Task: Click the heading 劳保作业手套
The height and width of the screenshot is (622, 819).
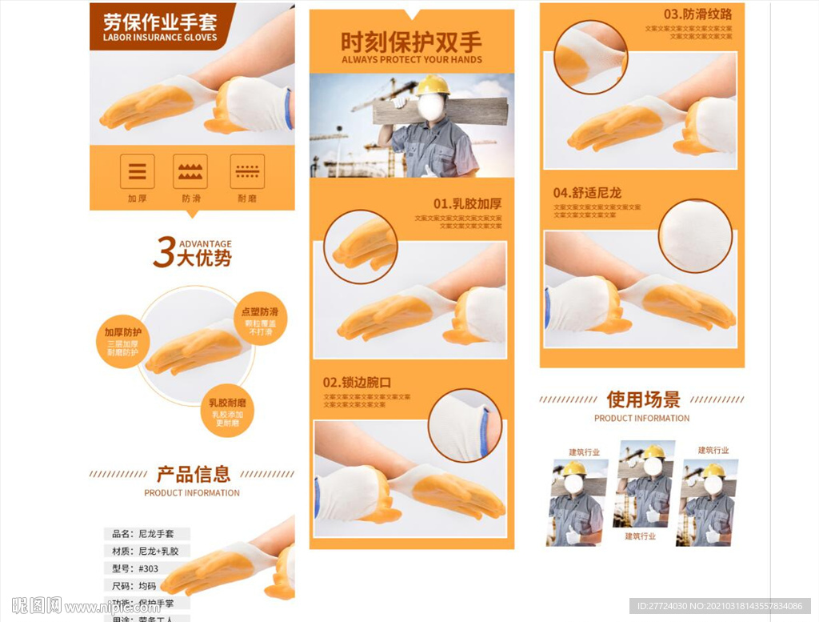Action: pyautogui.click(x=160, y=21)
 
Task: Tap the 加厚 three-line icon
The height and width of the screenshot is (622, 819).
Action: pyautogui.click(x=138, y=171)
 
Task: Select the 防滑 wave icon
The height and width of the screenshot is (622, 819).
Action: pyautogui.click(x=190, y=171)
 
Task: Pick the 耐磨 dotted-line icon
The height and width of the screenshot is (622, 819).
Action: pyautogui.click(x=247, y=171)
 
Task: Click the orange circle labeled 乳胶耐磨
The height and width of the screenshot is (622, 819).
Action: pyautogui.click(x=227, y=410)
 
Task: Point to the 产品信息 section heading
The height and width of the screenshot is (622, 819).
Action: pyautogui.click(x=193, y=474)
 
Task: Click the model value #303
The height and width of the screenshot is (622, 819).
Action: pyautogui.click(x=149, y=569)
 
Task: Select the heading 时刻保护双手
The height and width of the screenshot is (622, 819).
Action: pyautogui.click(x=411, y=42)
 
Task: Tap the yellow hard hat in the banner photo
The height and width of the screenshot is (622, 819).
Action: pyautogui.click(x=432, y=85)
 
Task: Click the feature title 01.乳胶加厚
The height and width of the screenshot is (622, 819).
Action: pyautogui.click(x=467, y=203)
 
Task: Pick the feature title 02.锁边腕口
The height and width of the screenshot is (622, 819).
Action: pyautogui.click(x=357, y=382)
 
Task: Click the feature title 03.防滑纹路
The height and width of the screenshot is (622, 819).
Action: pyautogui.click(x=697, y=14)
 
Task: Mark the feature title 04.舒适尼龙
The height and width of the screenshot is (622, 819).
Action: pyautogui.click(x=587, y=193)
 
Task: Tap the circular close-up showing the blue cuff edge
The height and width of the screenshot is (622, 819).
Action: pyautogui.click(x=465, y=426)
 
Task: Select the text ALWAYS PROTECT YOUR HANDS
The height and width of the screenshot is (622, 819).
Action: pyautogui.click(x=411, y=60)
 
